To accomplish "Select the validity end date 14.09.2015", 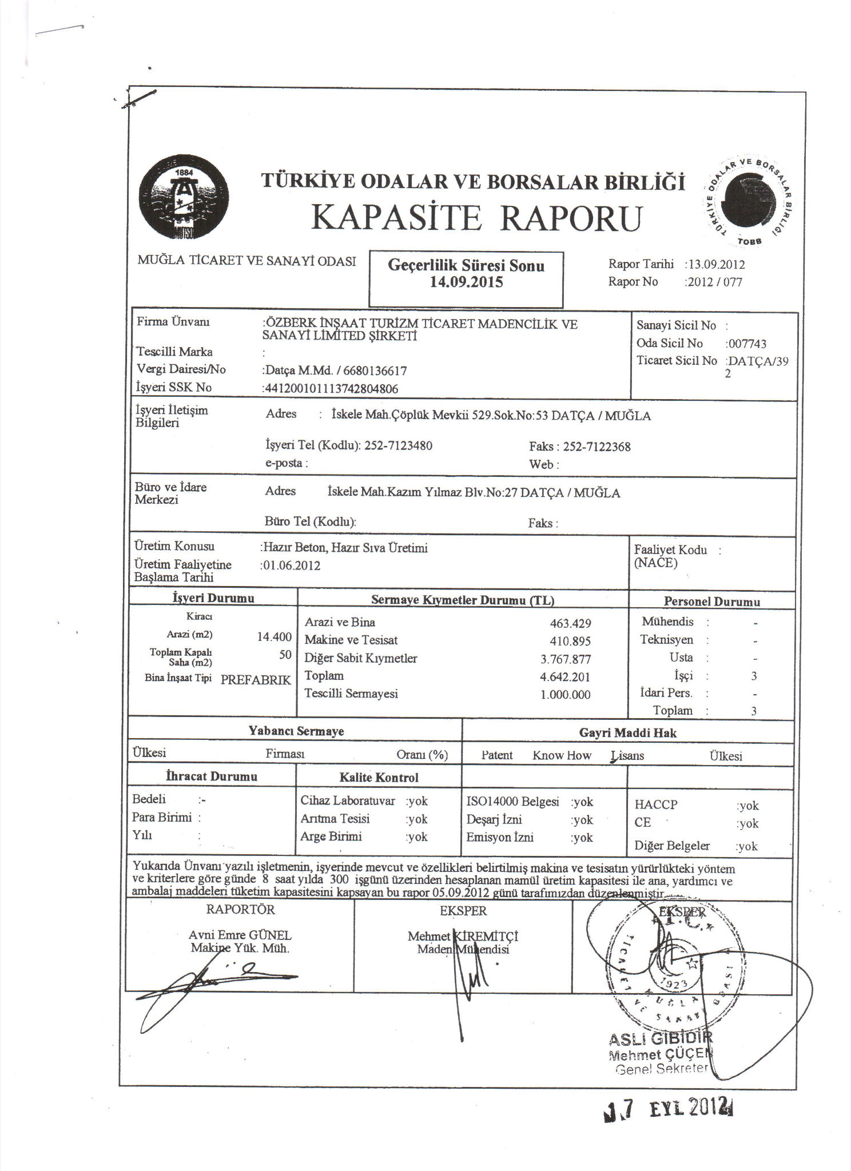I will click(466, 282).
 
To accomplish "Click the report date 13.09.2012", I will click(717, 265).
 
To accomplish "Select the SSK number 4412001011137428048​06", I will click(331, 389).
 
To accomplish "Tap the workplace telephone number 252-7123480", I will click(398, 445).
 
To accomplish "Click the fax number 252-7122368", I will click(597, 447).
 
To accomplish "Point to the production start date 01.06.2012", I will click(291, 565).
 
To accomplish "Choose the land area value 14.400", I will click(275, 636).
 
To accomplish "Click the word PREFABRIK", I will click(256, 680).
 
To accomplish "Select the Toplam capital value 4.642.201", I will click(566, 677).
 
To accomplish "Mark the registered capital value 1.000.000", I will click(566, 695).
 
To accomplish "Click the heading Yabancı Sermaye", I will click(296, 731).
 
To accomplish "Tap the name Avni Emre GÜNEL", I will click(240, 935).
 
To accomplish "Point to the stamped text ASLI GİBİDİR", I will click(661, 1038).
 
